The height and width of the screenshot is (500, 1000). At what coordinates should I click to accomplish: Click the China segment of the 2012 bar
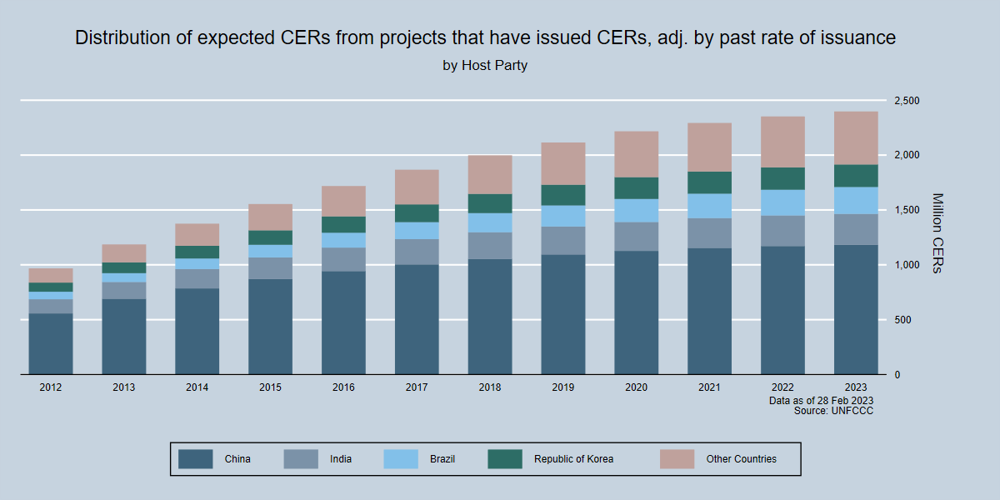(51, 343)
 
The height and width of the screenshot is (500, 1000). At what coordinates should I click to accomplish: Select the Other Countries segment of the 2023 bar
(856, 137)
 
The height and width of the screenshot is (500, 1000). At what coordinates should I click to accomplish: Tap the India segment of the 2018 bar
(490, 245)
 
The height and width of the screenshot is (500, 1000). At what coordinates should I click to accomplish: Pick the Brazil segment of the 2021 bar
(709, 206)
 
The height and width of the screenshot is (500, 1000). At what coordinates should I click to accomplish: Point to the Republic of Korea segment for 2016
(343, 224)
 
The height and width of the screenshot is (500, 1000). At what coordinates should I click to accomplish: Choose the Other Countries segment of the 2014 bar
(197, 234)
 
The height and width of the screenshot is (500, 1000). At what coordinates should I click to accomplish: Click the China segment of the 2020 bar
(637, 312)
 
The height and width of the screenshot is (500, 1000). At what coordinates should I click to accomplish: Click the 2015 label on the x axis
(270, 387)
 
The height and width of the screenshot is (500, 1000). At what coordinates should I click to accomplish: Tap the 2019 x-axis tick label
(563, 387)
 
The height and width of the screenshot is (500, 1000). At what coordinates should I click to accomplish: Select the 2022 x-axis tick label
(782, 387)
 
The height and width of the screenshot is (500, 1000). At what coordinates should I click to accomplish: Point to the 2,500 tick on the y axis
(906, 101)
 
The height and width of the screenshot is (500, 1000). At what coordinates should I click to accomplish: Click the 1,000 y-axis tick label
(906, 265)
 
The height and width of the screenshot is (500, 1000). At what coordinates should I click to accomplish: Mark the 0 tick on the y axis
(897, 375)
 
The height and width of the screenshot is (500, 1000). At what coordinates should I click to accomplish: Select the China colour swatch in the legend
(196, 458)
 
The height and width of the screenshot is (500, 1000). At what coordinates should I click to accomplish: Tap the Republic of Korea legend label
(573, 459)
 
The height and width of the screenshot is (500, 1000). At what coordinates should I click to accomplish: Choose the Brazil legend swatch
(400, 458)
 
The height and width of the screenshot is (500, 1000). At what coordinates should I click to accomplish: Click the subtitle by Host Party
(485, 65)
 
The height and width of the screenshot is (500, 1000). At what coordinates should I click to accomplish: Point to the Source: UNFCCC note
(833, 411)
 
